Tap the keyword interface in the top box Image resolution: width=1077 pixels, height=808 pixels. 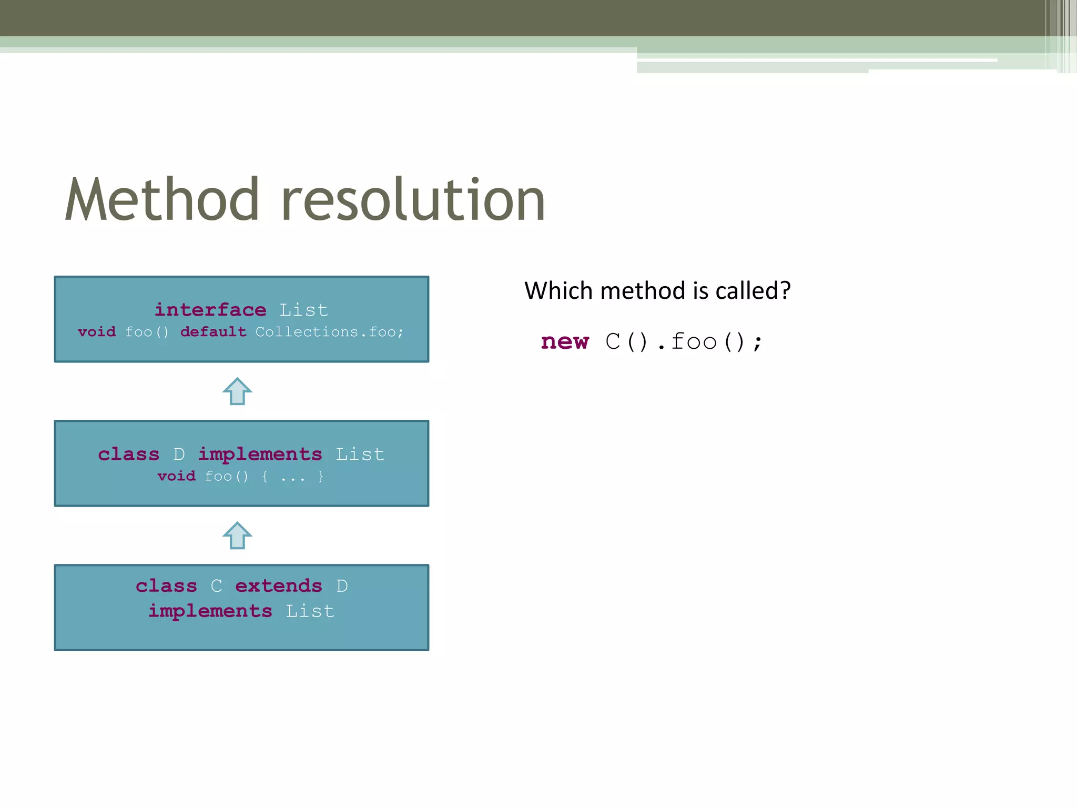(210, 310)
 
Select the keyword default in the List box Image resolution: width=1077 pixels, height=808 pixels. (213, 332)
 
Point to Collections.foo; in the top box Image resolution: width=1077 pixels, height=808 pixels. (329, 332)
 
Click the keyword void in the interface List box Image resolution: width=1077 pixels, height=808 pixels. (97, 332)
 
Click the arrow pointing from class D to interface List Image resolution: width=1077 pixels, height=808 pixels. (237, 391)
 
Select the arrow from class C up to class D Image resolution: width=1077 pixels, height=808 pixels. (237, 536)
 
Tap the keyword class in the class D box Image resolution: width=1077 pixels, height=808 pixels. (128, 454)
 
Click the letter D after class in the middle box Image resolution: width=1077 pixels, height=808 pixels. (179, 454)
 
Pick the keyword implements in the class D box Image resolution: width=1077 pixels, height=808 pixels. (260, 454)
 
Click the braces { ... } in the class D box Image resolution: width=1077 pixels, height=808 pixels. (292, 477)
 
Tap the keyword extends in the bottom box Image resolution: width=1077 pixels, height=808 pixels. (278, 586)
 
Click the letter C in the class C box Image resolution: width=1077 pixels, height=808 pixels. (216, 586)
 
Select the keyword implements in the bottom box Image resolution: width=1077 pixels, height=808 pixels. (210, 611)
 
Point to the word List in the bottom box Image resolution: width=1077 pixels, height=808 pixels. (310, 611)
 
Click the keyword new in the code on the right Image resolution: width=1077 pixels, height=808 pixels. (565, 342)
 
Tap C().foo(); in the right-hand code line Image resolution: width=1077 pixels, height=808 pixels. (684, 342)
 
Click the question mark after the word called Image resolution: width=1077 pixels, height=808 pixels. (785, 290)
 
